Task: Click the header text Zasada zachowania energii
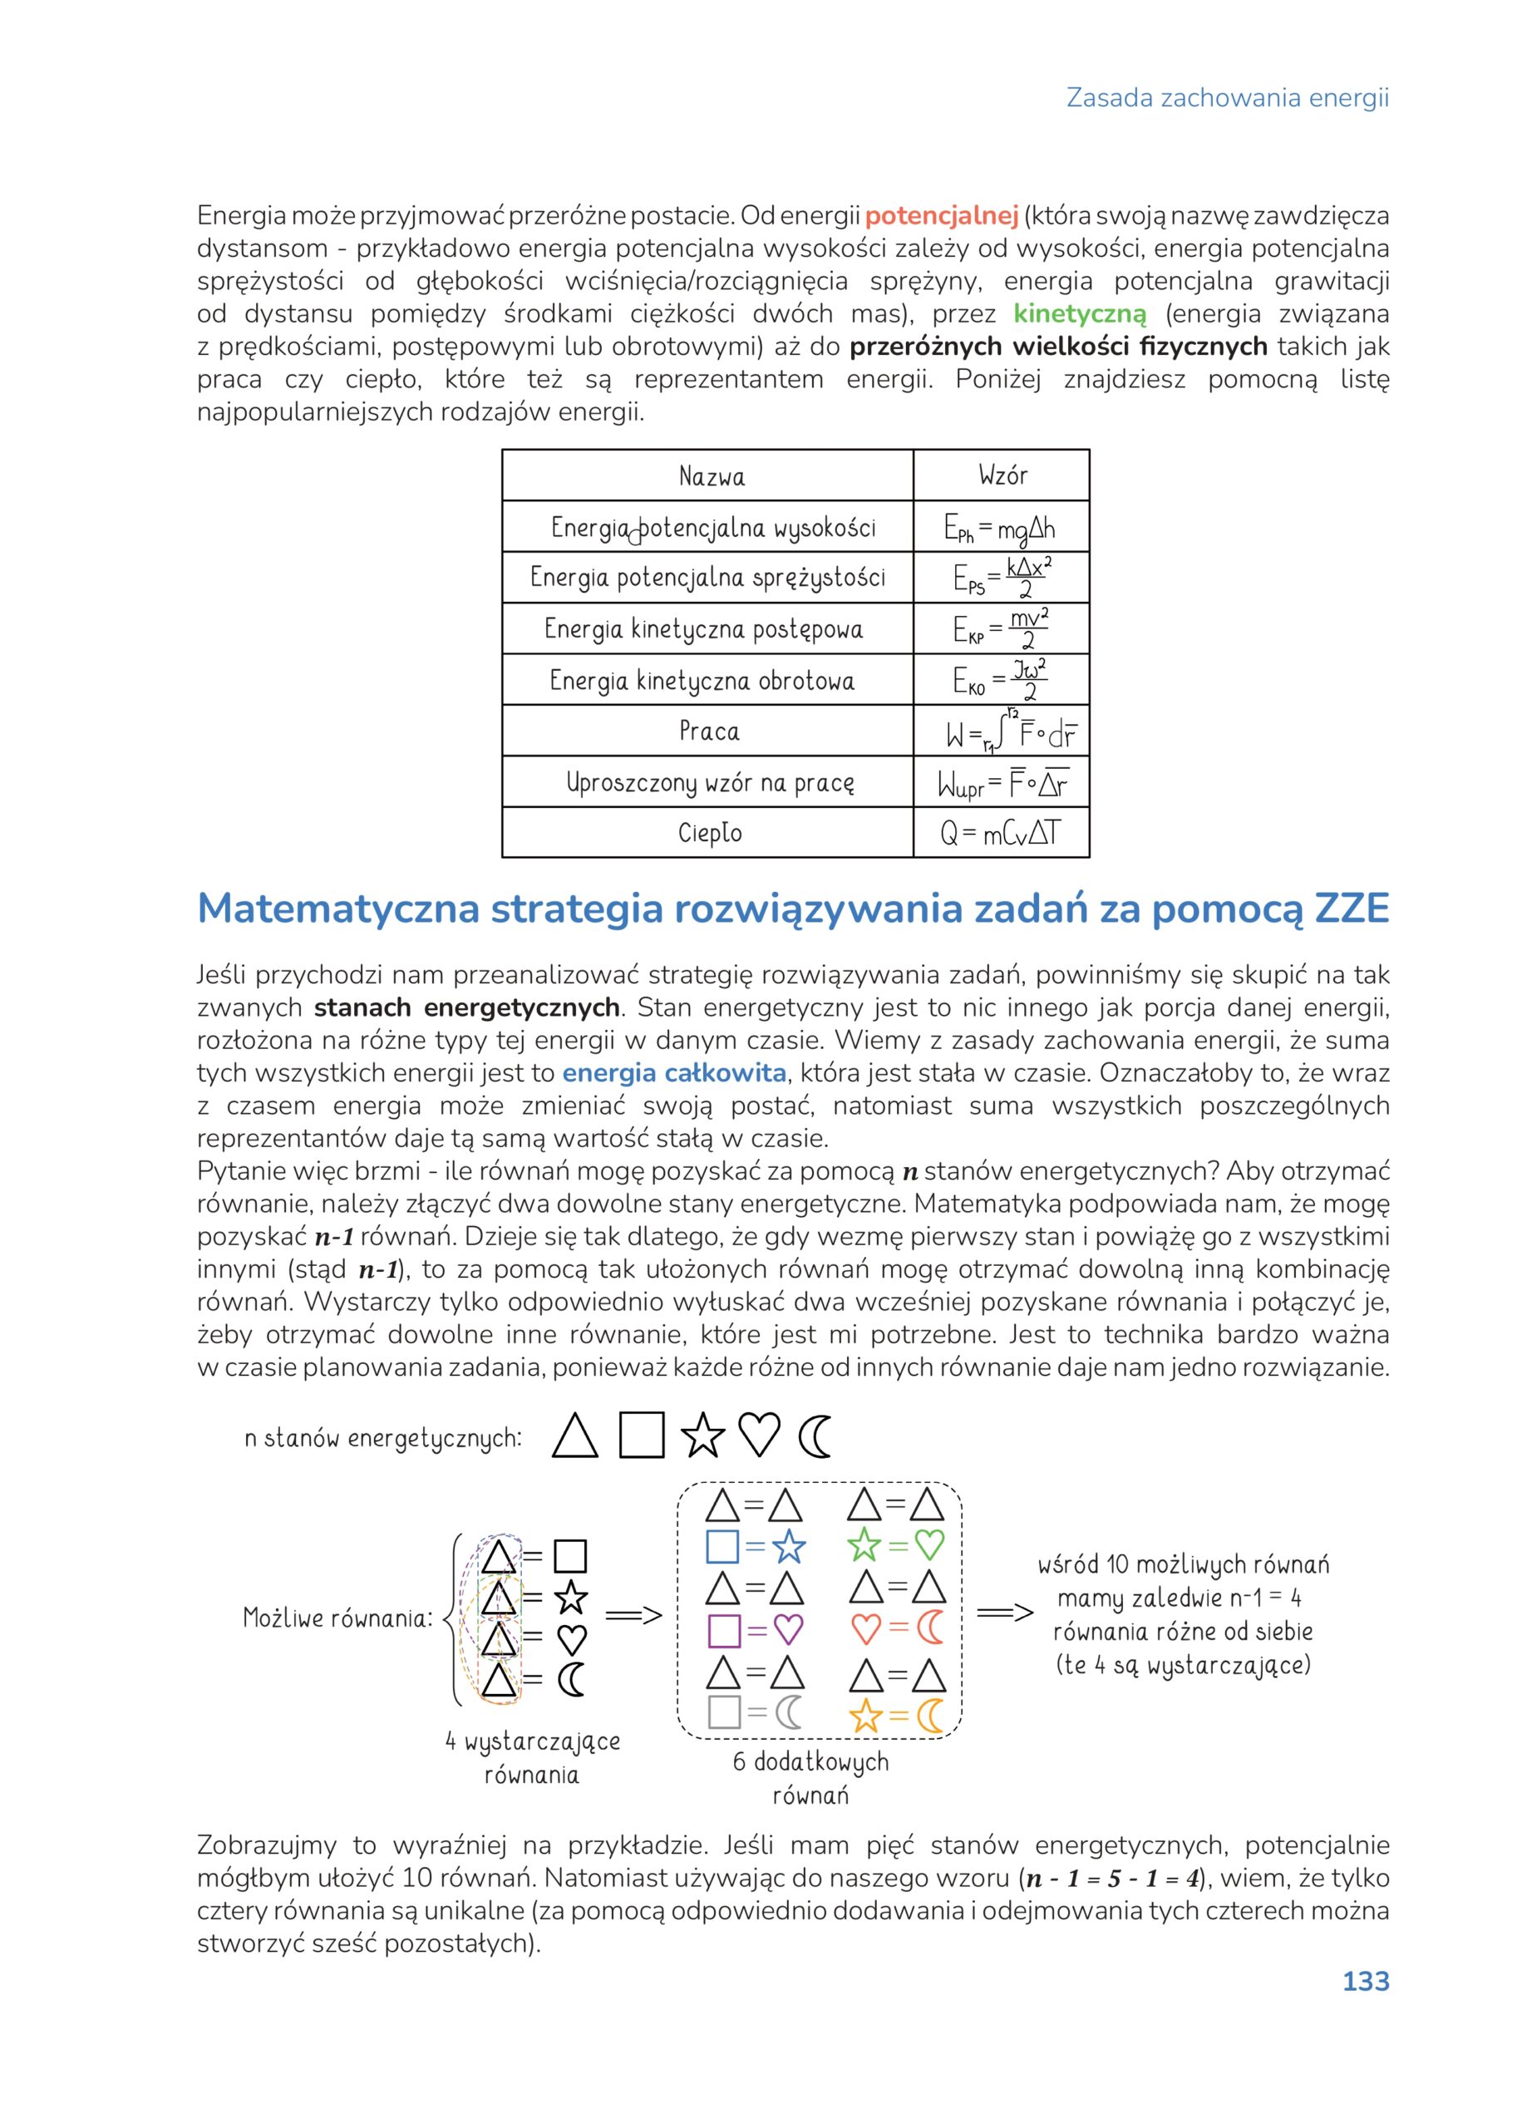(x=1228, y=98)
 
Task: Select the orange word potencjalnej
(x=941, y=216)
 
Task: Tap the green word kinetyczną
(x=1079, y=314)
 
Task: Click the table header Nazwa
(x=712, y=477)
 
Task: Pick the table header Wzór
(x=1002, y=475)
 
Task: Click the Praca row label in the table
(x=709, y=731)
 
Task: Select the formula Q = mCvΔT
(x=1001, y=832)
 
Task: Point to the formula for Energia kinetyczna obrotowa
(x=1001, y=680)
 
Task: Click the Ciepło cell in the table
(x=710, y=832)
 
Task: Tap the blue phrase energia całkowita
(x=673, y=1073)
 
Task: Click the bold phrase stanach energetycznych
(x=467, y=1008)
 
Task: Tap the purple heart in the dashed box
(x=788, y=1631)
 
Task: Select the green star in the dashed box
(x=864, y=1546)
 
